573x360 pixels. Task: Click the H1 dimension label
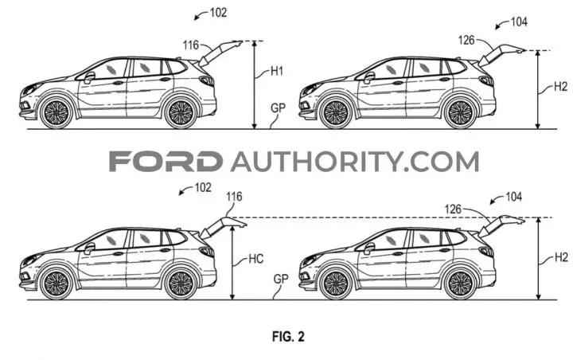[x=277, y=71]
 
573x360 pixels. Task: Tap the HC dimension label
[x=255, y=259]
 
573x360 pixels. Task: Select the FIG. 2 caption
[x=288, y=336]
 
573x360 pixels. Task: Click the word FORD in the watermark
[x=166, y=162]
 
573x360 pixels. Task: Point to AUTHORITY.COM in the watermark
[x=355, y=162]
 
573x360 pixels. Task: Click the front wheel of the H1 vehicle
[x=57, y=112]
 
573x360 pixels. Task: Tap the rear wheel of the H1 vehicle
[x=181, y=112]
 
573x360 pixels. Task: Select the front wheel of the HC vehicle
[x=57, y=284]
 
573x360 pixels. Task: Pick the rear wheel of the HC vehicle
[x=181, y=284]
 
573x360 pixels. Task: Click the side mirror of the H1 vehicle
[x=89, y=77]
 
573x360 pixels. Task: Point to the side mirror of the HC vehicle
[x=89, y=248]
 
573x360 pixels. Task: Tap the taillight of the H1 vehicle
[x=207, y=80]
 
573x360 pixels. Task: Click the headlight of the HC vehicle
[x=31, y=260]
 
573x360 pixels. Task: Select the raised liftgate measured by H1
[x=220, y=53]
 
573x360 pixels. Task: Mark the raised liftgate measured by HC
[x=222, y=227]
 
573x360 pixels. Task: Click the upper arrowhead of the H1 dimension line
[x=255, y=44]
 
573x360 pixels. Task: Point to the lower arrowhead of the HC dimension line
[x=232, y=297]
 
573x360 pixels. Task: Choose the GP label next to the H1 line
[x=278, y=108]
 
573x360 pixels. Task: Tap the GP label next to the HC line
[x=281, y=279]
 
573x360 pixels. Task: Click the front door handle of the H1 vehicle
[x=118, y=83]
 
